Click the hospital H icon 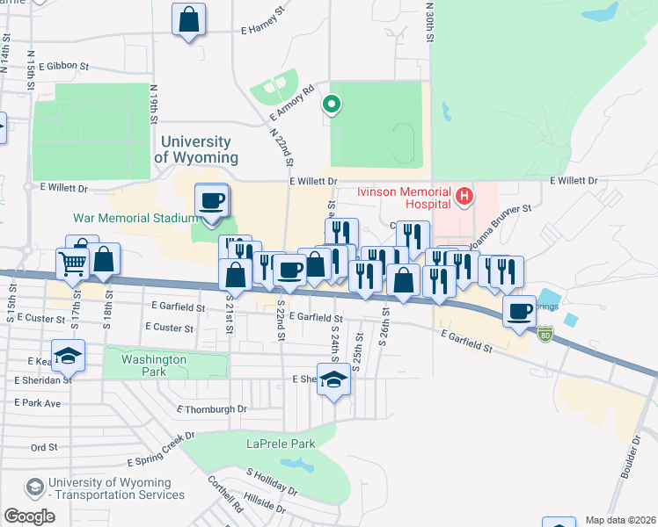click(464, 197)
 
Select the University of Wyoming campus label click(196, 149)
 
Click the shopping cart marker click(72, 262)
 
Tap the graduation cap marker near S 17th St click(67, 356)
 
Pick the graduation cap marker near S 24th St click(333, 380)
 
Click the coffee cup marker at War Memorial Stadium click(212, 200)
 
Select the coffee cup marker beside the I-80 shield click(520, 310)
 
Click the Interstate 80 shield click(545, 335)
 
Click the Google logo click(30, 516)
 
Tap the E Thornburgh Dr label click(212, 409)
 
